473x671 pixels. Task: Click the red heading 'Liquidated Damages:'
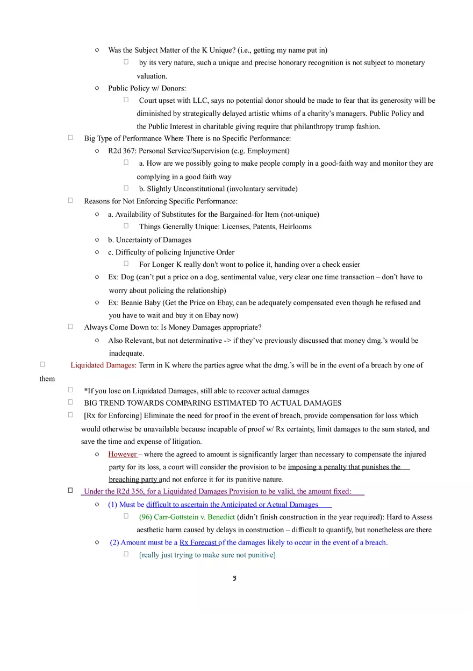tap(103, 365)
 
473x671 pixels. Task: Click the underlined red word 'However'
tap(122, 454)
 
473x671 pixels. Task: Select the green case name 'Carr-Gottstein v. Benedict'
tap(187, 517)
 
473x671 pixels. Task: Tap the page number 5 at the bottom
tap(235, 578)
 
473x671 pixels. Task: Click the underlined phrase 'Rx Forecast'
tap(198, 542)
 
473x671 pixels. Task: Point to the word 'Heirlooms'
tap(295, 227)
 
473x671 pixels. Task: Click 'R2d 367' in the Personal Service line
tap(121, 151)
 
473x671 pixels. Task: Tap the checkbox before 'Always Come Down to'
tap(70, 326)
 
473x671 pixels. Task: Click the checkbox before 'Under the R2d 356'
tap(70, 490)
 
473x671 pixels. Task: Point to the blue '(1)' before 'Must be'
tap(112, 505)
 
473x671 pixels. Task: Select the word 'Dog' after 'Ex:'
tap(127, 277)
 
